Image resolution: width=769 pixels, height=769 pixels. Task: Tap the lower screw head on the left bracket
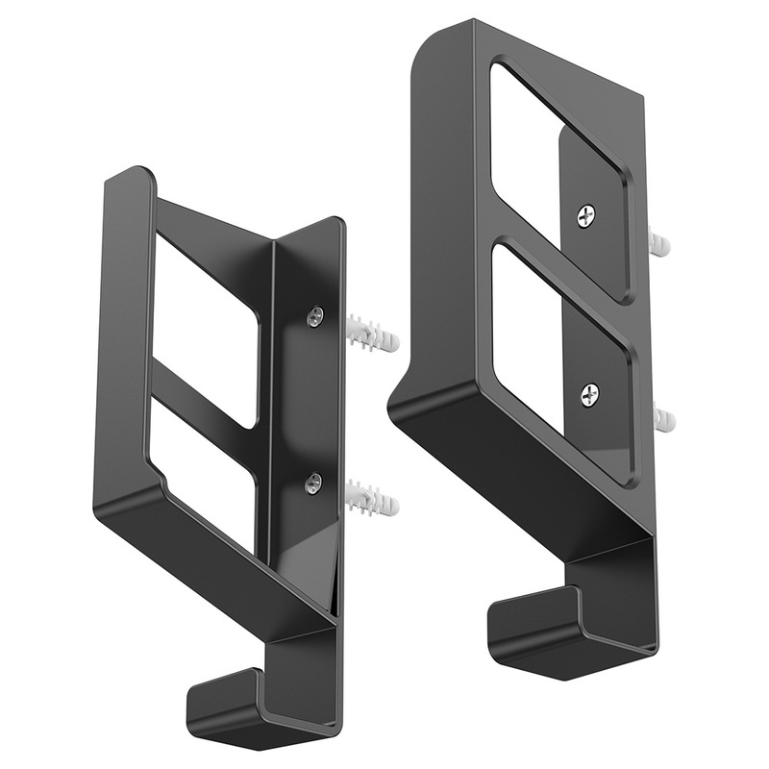[312, 485]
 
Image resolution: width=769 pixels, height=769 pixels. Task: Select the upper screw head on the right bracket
[585, 217]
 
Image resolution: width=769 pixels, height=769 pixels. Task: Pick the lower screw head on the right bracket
[589, 392]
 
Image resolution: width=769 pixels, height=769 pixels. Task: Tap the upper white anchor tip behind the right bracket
[659, 242]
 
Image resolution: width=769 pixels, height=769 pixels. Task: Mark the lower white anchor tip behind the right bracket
[660, 419]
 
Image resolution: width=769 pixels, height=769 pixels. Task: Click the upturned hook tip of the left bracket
[225, 696]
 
